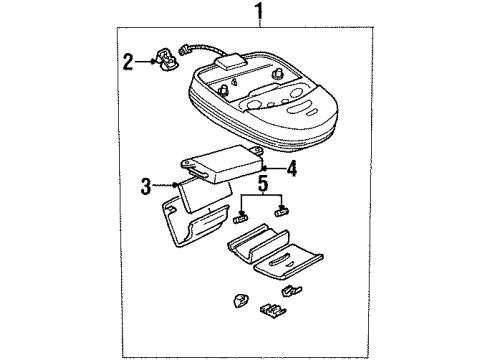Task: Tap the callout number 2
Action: [128, 62]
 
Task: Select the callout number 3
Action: [146, 186]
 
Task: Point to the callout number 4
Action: [291, 168]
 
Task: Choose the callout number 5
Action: [263, 184]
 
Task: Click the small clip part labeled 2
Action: [167, 60]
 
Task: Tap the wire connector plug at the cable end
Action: [183, 50]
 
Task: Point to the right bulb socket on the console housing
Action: [277, 74]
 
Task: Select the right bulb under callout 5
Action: [281, 212]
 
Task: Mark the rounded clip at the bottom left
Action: [239, 301]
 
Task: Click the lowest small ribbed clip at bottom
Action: [273, 311]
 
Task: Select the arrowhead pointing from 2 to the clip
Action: [153, 62]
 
